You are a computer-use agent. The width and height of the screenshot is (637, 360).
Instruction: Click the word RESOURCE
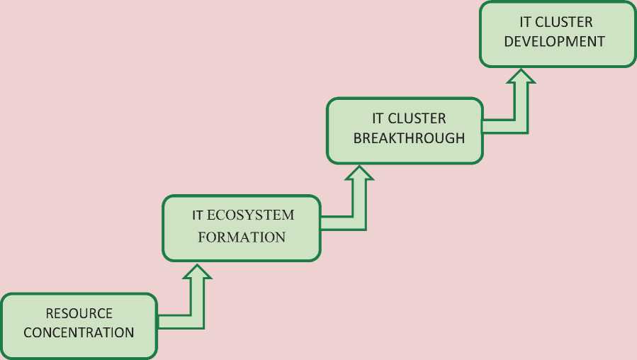click(x=79, y=313)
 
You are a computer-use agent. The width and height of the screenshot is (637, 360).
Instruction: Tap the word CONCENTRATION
click(x=79, y=332)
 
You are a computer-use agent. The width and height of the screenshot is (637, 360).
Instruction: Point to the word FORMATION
click(x=242, y=237)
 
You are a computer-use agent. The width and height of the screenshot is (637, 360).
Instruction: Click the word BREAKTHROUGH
click(x=409, y=137)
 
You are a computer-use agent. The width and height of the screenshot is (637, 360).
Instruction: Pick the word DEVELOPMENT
click(x=555, y=40)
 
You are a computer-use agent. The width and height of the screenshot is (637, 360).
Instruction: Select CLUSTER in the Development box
click(x=566, y=22)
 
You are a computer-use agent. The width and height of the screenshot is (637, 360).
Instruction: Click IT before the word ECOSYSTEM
click(x=198, y=215)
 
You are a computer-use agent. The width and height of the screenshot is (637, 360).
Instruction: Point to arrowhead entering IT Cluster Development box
click(x=522, y=76)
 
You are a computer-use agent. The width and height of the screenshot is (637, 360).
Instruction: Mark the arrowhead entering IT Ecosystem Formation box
click(x=198, y=273)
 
